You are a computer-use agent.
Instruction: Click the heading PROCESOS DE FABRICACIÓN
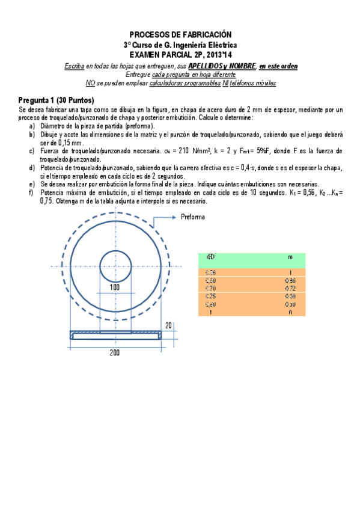[180, 35]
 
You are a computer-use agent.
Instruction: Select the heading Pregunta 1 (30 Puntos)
[56, 100]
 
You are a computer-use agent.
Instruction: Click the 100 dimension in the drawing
[115, 287]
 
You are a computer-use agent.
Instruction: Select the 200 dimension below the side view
[115, 352]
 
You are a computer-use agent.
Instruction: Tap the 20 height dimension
[169, 325]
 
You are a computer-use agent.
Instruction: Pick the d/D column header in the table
[210, 257]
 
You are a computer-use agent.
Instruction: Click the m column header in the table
[290, 257]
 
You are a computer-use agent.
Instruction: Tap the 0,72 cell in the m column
[290, 288]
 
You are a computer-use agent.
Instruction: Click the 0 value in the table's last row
[290, 312]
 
